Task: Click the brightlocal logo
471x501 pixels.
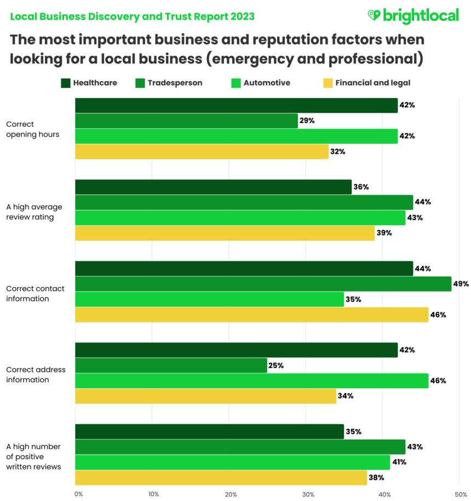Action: [x=413, y=16]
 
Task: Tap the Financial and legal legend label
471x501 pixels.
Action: [x=372, y=83]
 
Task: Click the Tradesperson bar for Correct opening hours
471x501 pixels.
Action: [x=186, y=121]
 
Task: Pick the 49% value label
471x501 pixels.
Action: [x=461, y=284]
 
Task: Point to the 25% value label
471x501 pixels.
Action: [x=275, y=365]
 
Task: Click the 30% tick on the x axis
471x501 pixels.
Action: [x=308, y=494]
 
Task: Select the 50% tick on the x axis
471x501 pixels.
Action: [x=461, y=494]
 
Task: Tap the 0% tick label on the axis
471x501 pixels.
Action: [x=78, y=494]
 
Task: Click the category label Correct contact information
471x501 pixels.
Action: [x=35, y=294]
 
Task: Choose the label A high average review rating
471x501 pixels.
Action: [x=34, y=212]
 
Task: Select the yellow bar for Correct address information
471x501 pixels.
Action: [x=205, y=396]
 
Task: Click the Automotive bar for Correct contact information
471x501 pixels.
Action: [x=209, y=299]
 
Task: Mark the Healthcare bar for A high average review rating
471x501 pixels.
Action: [x=213, y=187]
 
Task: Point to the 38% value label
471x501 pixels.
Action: [x=376, y=477]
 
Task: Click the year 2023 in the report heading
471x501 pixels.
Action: [x=240, y=16]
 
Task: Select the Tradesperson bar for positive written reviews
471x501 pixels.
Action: [x=240, y=447]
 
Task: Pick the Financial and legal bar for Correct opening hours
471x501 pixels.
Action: [x=202, y=152]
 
